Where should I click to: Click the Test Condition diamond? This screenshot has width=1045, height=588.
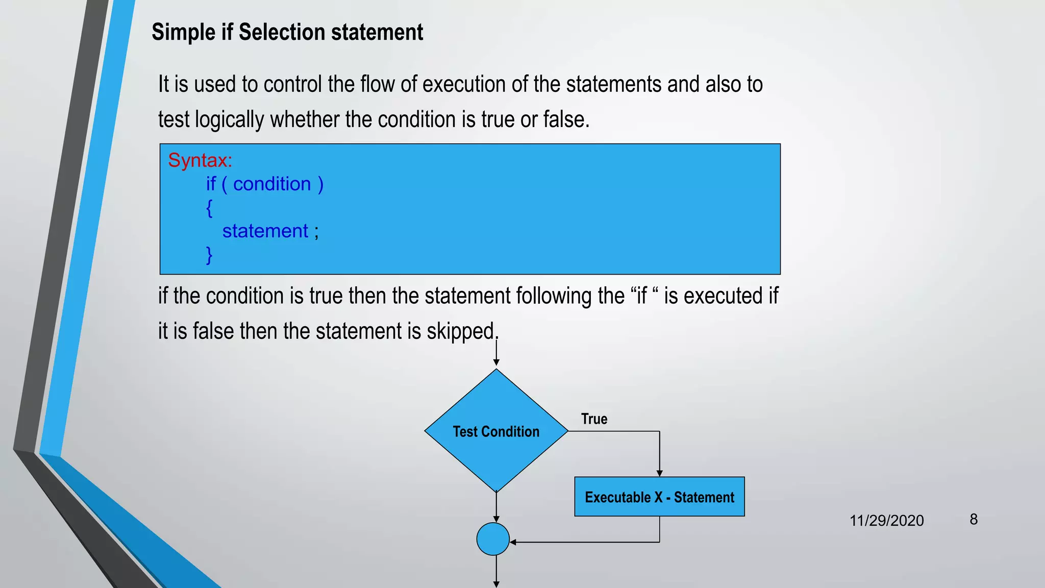[496, 431]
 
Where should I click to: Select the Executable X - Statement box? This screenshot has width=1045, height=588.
[659, 497]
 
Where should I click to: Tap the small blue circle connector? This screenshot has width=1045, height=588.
[493, 539]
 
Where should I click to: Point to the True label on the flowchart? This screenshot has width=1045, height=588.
[594, 419]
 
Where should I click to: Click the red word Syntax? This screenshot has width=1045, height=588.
[200, 160]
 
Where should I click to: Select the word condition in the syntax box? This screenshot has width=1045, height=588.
[272, 184]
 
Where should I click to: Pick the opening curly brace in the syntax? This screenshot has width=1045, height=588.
[209, 208]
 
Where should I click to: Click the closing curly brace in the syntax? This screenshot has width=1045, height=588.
[209, 255]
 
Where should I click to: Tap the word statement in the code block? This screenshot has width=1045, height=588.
[265, 231]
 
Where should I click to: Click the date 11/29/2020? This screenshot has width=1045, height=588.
[886, 521]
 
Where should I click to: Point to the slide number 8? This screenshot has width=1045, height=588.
[974, 520]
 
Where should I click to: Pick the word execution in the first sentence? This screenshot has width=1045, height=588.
[464, 84]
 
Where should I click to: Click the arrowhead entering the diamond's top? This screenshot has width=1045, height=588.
[496, 363]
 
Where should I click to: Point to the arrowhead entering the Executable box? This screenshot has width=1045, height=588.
[659, 473]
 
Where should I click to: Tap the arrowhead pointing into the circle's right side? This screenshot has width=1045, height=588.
[513, 542]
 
